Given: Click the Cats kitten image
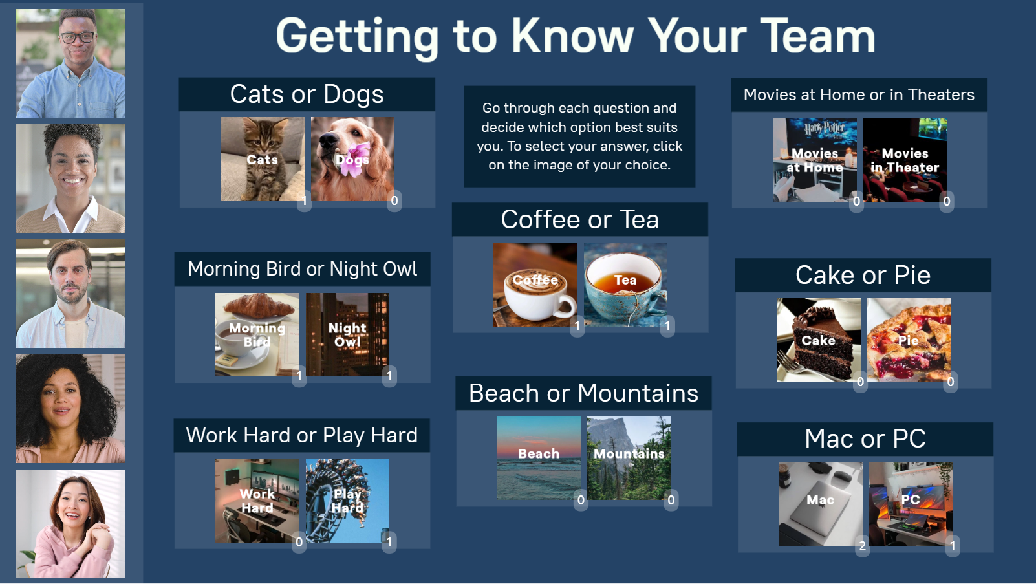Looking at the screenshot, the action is click(x=263, y=159).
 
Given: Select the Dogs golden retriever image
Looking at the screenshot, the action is click(x=352, y=159).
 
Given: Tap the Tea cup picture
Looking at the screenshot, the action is click(x=625, y=285).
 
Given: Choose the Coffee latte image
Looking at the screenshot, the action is click(x=535, y=285).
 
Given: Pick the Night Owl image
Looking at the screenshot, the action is click(x=347, y=334).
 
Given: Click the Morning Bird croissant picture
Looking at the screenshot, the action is click(x=257, y=334).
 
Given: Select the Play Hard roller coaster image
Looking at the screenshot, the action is click(x=347, y=501).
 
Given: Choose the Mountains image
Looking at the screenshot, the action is click(x=629, y=459).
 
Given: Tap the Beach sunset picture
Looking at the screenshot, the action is click(x=539, y=459).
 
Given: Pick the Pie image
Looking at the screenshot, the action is click(x=909, y=340).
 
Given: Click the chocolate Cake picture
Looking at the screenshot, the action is click(x=819, y=340).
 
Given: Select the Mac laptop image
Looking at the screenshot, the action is click(x=821, y=504).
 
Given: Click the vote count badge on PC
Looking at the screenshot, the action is click(x=953, y=546).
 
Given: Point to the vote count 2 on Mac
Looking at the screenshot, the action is click(x=863, y=546).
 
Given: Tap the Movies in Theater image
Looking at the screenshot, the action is click(x=905, y=160).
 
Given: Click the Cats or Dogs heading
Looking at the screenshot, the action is click(x=307, y=94).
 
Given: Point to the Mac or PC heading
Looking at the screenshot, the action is click(x=865, y=438).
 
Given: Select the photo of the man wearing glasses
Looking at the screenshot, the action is click(x=70, y=63).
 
